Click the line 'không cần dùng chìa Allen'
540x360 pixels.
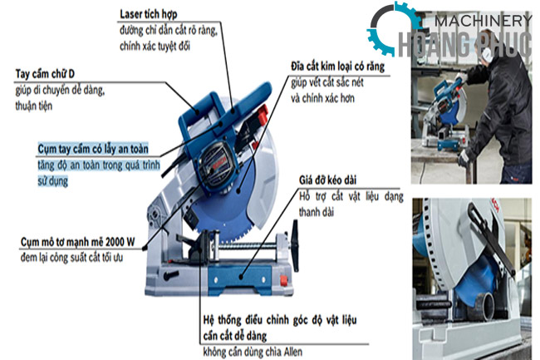click(253, 352)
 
